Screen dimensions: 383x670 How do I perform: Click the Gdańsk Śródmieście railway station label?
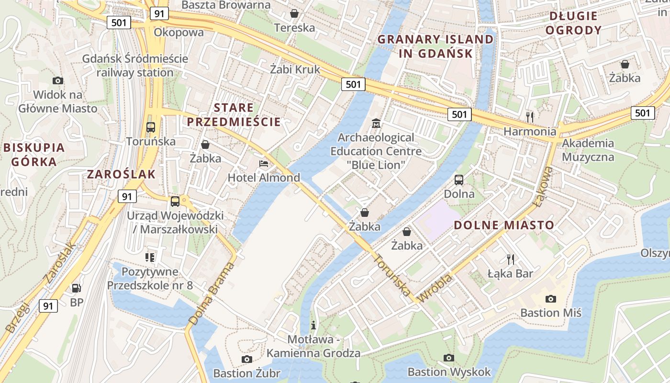point(135,66)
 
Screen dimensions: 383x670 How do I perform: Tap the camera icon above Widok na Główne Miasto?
point(58,80)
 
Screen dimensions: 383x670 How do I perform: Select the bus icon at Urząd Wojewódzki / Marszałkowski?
point(175,201)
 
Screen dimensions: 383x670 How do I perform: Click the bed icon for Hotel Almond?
point(264,164)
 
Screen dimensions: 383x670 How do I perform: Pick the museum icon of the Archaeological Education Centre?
point(376,124)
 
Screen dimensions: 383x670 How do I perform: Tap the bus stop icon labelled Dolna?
point(459,180)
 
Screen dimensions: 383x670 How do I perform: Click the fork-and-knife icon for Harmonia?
point(530,117)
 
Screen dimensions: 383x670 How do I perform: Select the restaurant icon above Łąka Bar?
point(511,259)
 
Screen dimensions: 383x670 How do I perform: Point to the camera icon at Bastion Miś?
point(551,299)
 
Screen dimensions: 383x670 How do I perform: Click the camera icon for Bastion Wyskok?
point(449,358)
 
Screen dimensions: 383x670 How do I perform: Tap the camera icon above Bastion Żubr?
point(246,359)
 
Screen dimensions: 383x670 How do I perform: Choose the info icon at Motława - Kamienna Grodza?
point(313,325)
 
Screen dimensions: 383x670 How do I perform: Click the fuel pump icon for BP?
point(76,288)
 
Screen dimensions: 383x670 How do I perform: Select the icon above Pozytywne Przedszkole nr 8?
point(150,258)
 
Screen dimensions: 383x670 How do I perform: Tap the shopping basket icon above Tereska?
point(294,13)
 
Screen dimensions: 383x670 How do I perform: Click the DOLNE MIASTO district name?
point(504,225)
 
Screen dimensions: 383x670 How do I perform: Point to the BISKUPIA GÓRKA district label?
point(33,155)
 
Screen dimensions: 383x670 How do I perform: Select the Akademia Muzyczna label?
point(588,150)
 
